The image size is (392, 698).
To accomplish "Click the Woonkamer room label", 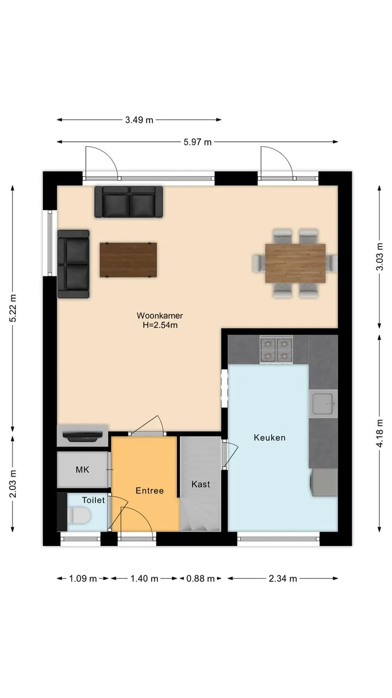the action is (160, 315).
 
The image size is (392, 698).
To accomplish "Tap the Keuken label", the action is (269, 437).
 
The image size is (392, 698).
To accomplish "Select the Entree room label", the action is (150, 491).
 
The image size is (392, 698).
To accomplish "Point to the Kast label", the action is (201, 484).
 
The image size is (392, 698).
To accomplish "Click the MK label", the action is (82, 470).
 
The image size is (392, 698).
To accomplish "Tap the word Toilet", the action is (93, 500).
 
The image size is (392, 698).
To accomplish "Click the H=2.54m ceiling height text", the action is (160, 325).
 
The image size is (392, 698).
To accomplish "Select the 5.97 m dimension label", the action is (197, 142).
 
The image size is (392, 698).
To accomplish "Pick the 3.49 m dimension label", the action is (139, 120).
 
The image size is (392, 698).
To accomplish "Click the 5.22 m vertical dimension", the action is (13, 308).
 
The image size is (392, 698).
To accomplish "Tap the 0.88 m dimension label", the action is (200, 579).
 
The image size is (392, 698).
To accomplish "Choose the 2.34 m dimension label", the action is (283, 579).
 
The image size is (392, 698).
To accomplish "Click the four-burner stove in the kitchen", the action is (276, 350).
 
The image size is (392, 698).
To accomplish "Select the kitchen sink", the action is (323, 404).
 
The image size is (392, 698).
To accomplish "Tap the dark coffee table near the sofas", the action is (128, 260).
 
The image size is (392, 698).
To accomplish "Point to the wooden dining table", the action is (295, 263).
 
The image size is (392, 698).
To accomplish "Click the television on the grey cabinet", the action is (83, 436).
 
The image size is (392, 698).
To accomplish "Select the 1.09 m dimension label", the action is (83, 579).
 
